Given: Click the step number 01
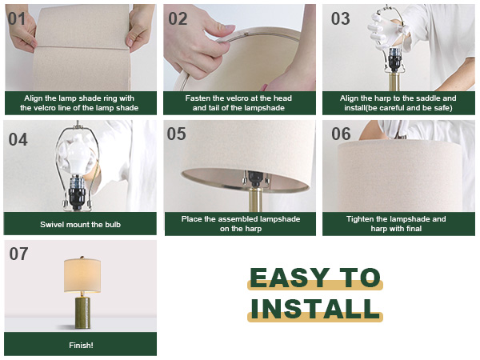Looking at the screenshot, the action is (17, 19).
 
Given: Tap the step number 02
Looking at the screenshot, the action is (178, 19).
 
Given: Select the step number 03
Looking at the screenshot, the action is (341, 19).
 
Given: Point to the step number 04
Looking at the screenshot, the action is (18, 139).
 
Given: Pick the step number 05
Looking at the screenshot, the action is (176, 134).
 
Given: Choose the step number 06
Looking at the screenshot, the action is (341, 134).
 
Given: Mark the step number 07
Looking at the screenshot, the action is (18, 254).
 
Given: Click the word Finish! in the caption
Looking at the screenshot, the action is (81, 346).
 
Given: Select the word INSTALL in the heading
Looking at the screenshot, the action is (315, 308).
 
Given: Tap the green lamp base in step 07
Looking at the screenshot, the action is (82, 312).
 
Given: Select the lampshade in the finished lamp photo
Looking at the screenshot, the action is (82, 275).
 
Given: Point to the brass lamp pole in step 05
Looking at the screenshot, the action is (255, 199).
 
